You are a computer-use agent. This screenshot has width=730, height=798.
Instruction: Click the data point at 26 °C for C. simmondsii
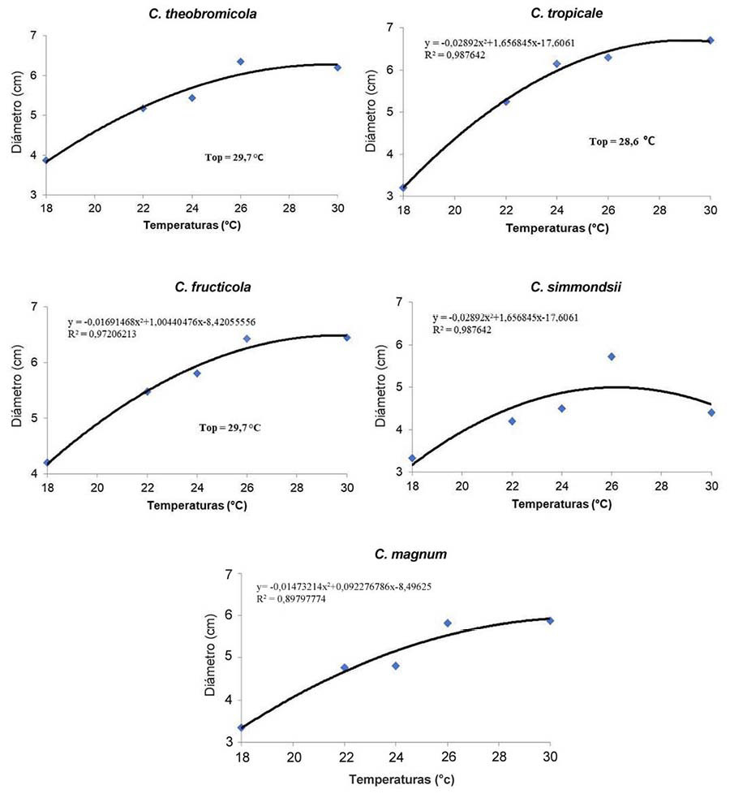[612, 356]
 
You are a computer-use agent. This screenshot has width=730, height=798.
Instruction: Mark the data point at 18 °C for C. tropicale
[403, 188]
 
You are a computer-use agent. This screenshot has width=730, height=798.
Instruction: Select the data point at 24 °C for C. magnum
[396, 666]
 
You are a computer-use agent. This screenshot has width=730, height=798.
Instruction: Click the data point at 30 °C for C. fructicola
[346, 337]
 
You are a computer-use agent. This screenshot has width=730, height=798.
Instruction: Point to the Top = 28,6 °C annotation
[621, 141]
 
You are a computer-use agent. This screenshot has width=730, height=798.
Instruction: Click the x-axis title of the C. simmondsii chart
[561, 504]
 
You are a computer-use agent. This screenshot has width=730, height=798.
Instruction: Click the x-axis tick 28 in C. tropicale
[659, 212]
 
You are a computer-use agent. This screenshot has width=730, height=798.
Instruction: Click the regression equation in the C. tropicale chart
[500, 42]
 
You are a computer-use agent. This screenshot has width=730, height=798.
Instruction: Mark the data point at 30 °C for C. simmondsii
[711, 412]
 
